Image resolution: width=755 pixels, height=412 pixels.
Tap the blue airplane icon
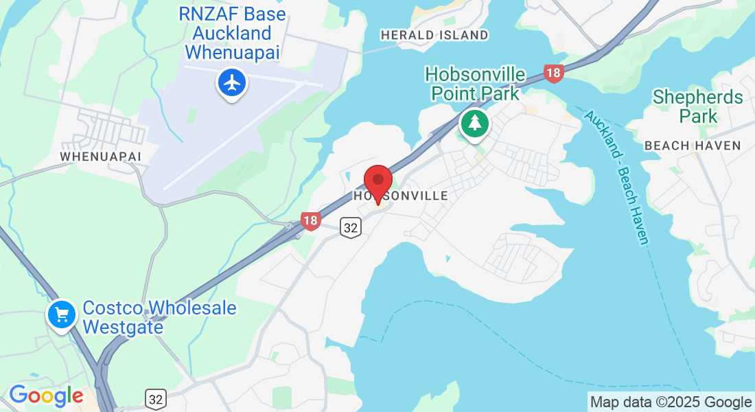[x=232, y=83]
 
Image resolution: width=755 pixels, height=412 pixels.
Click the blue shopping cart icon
[x=62, y=314]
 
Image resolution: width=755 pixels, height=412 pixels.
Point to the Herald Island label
[x=434, y=35]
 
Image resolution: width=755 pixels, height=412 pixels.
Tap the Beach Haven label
[x=693, y=146]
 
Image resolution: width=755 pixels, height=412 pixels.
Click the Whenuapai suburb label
[x=100, y=157]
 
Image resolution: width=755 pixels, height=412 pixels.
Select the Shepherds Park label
[x=698, y=106]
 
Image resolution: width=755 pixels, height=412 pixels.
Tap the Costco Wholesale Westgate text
[x=159, y=317]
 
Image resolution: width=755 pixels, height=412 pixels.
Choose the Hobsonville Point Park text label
[x=475, y=83]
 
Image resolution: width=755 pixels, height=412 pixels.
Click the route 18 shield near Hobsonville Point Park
[x=553, y=73]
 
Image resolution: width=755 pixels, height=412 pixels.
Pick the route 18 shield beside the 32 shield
[x=311, y=220]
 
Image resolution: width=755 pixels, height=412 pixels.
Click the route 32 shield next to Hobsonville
[x=351, y=227]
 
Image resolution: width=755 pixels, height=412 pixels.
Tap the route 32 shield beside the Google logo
[x=156, y=398]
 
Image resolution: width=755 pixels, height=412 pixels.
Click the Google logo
[x=46, y=396]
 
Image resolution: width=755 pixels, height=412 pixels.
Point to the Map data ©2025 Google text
[x=671, y=402]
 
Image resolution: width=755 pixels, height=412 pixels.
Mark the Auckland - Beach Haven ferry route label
[x=616, y=176]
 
